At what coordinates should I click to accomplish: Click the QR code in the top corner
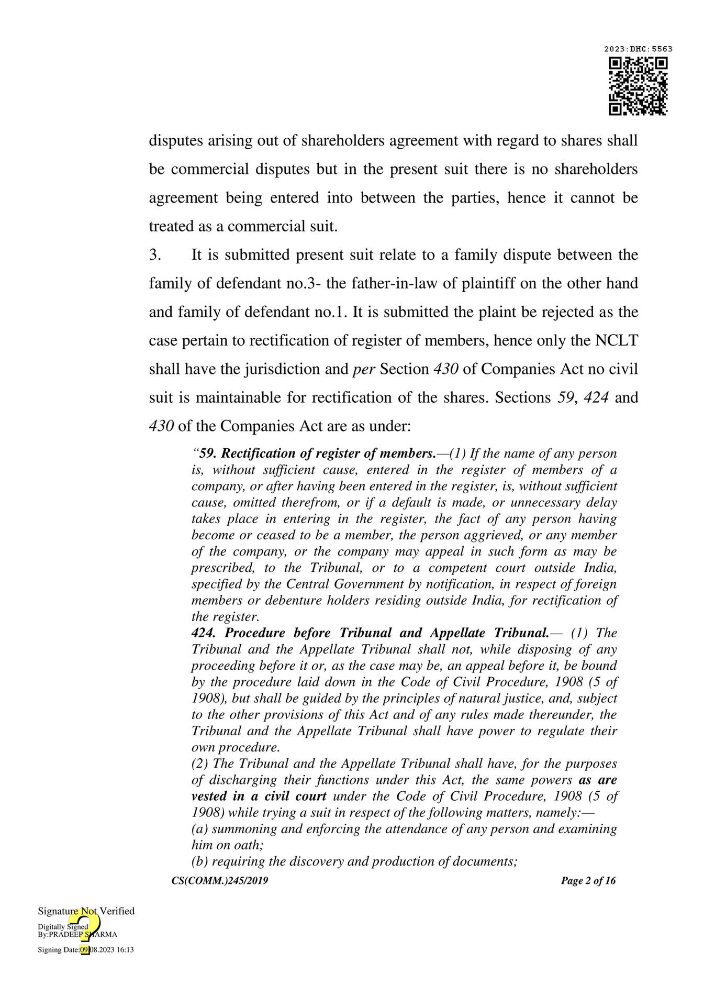pos(638,86)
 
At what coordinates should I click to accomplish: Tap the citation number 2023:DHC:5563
pos(638,49)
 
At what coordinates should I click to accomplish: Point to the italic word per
pos(364,369)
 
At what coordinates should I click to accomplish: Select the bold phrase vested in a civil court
pos(259,796)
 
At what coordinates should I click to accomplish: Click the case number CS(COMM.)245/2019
pos(220,881)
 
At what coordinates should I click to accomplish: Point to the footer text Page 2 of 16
pos(588,881)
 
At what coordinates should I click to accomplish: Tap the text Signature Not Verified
pos(86,911)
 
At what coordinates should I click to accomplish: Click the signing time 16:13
pos(125,950)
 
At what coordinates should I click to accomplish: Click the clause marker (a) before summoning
pos(199,829)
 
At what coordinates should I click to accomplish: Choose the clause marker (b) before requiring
pos(199,861)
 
